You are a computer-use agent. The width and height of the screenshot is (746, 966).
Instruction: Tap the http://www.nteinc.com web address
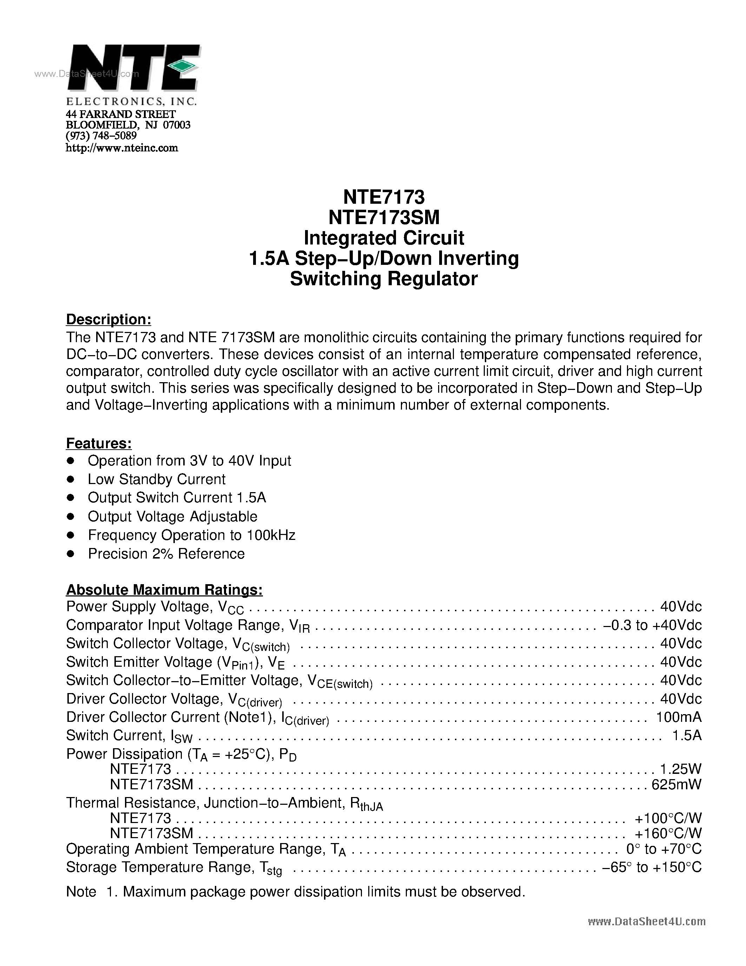click(x=121, y=148)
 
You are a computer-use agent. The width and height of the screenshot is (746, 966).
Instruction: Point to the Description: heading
click(x=109, y=319)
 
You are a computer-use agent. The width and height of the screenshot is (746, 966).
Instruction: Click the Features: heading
click(x=99, y=443)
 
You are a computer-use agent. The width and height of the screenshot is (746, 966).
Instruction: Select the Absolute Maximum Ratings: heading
click(x=164, y=590)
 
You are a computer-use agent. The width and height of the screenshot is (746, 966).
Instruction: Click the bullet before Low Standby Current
click(x=70, y=479)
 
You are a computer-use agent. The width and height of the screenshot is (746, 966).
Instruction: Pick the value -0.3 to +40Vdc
click(x=652, y=625)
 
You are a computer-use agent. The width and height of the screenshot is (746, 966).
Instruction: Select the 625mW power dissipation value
click(x=676, y=784)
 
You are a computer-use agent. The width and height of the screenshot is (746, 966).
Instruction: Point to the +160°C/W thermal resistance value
click(x=668, y=833)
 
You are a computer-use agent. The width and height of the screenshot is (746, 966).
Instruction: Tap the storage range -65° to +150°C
click(x=652, y=867)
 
